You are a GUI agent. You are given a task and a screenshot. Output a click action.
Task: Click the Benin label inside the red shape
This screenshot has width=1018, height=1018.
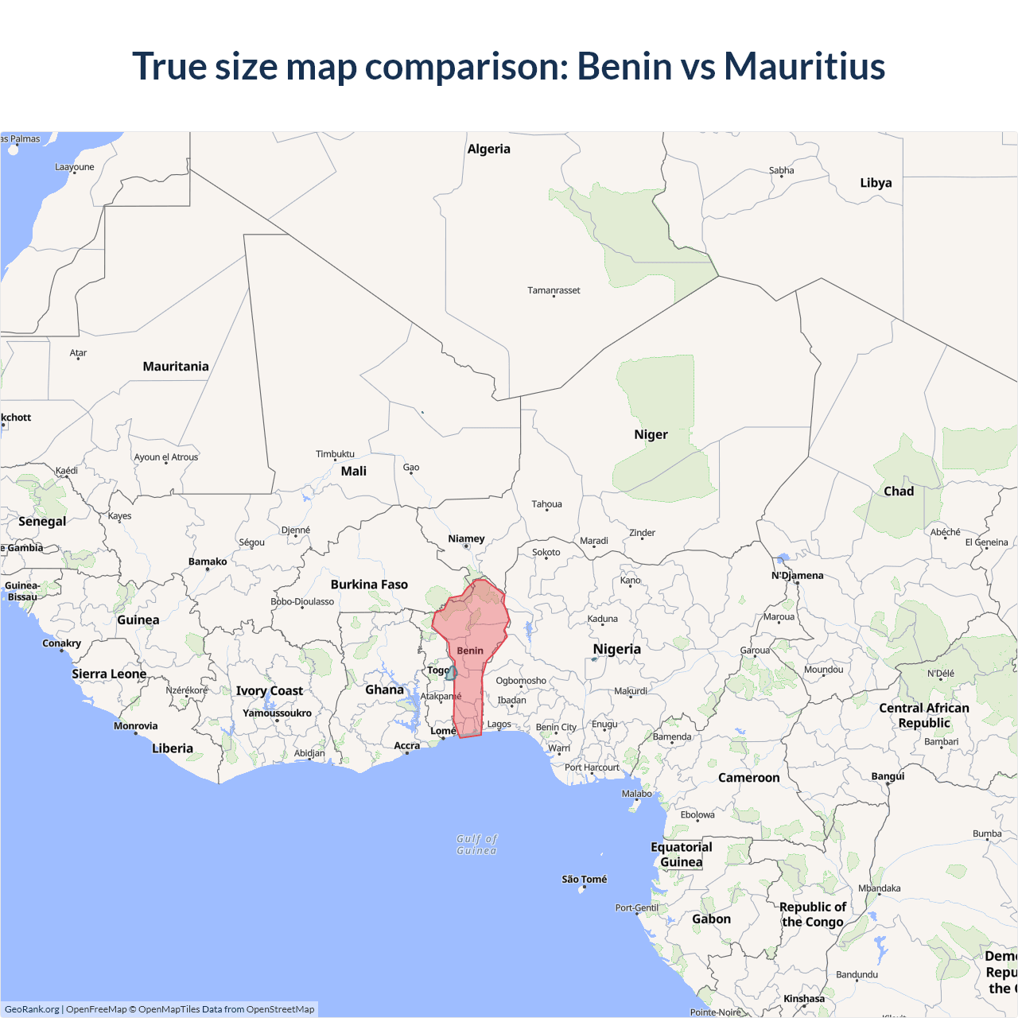470,651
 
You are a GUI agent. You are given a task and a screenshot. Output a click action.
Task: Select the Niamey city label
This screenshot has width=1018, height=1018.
466,538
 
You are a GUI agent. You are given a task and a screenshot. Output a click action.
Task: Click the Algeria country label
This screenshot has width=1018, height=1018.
488,149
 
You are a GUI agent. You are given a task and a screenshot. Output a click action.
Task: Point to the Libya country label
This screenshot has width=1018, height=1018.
876,183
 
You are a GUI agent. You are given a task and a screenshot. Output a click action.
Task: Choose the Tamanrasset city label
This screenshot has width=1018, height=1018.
554,290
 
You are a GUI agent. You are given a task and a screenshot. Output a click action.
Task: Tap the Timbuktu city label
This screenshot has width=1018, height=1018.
335,454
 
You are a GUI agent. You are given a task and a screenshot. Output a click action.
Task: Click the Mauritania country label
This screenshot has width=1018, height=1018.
176,367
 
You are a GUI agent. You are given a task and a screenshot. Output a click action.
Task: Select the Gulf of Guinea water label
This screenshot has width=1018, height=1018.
477,845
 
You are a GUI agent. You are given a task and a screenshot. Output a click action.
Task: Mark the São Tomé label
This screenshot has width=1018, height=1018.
584,879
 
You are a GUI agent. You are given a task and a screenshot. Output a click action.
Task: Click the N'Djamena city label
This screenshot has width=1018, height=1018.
798,575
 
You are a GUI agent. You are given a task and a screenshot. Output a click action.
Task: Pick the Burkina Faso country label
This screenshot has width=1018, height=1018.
369,585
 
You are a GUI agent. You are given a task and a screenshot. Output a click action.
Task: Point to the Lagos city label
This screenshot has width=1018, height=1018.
499,724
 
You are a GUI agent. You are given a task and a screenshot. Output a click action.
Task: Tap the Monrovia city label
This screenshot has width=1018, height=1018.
136,725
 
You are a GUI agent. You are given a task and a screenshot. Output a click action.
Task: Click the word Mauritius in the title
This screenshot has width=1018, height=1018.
804,66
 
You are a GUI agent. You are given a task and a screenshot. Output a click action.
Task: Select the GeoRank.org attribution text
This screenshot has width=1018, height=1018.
32,1009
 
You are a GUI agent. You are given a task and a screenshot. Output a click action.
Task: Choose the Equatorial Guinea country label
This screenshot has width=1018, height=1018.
682,854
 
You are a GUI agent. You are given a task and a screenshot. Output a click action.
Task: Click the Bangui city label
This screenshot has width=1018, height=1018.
888,776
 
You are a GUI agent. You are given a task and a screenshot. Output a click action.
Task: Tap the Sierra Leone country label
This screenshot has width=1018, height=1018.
109,674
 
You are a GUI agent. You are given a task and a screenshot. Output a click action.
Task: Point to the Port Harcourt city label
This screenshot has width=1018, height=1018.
592,767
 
